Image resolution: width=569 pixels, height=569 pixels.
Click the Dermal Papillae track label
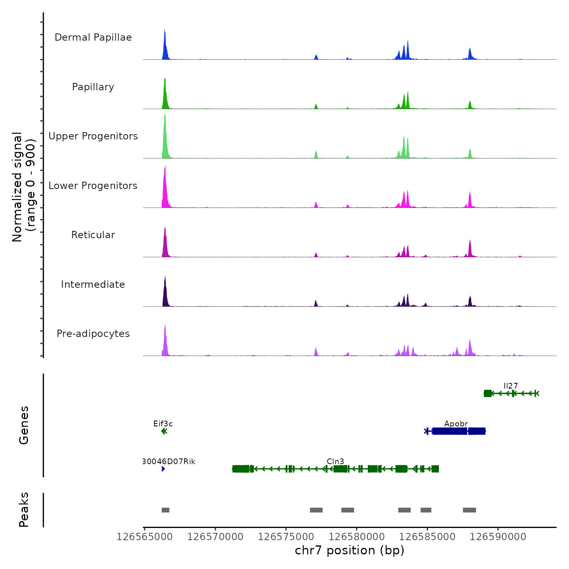tap(93, 37)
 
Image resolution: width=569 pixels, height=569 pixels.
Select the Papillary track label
tap(93, 87)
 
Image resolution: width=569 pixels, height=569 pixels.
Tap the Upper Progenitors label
tap(93, 136)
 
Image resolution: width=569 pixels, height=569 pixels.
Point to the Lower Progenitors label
tap(93, 186)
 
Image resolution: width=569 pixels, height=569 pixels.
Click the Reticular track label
tap(93, 235)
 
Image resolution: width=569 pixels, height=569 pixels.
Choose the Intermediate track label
tap(93, 284)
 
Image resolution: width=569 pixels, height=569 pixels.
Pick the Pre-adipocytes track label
tap(93, 334)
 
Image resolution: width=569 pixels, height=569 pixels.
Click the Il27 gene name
tap(510, 386)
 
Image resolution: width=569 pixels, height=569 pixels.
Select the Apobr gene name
tap(456, 423)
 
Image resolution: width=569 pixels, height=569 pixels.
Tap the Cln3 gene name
tap(335, 461)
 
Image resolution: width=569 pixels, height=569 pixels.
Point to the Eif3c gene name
tap(163, 423)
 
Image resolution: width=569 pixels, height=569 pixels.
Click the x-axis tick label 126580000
tap(356, 537)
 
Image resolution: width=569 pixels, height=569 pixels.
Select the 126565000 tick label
tap(144, 537)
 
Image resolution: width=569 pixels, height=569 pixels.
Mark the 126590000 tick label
tap(498, 537)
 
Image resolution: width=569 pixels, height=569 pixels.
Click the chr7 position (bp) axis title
tap(350, 550)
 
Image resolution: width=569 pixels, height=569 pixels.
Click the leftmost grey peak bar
tap(165, 510)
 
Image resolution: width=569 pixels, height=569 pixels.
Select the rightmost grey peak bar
tap(469, 510)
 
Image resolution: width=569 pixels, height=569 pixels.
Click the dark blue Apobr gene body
tap(455, 431)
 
